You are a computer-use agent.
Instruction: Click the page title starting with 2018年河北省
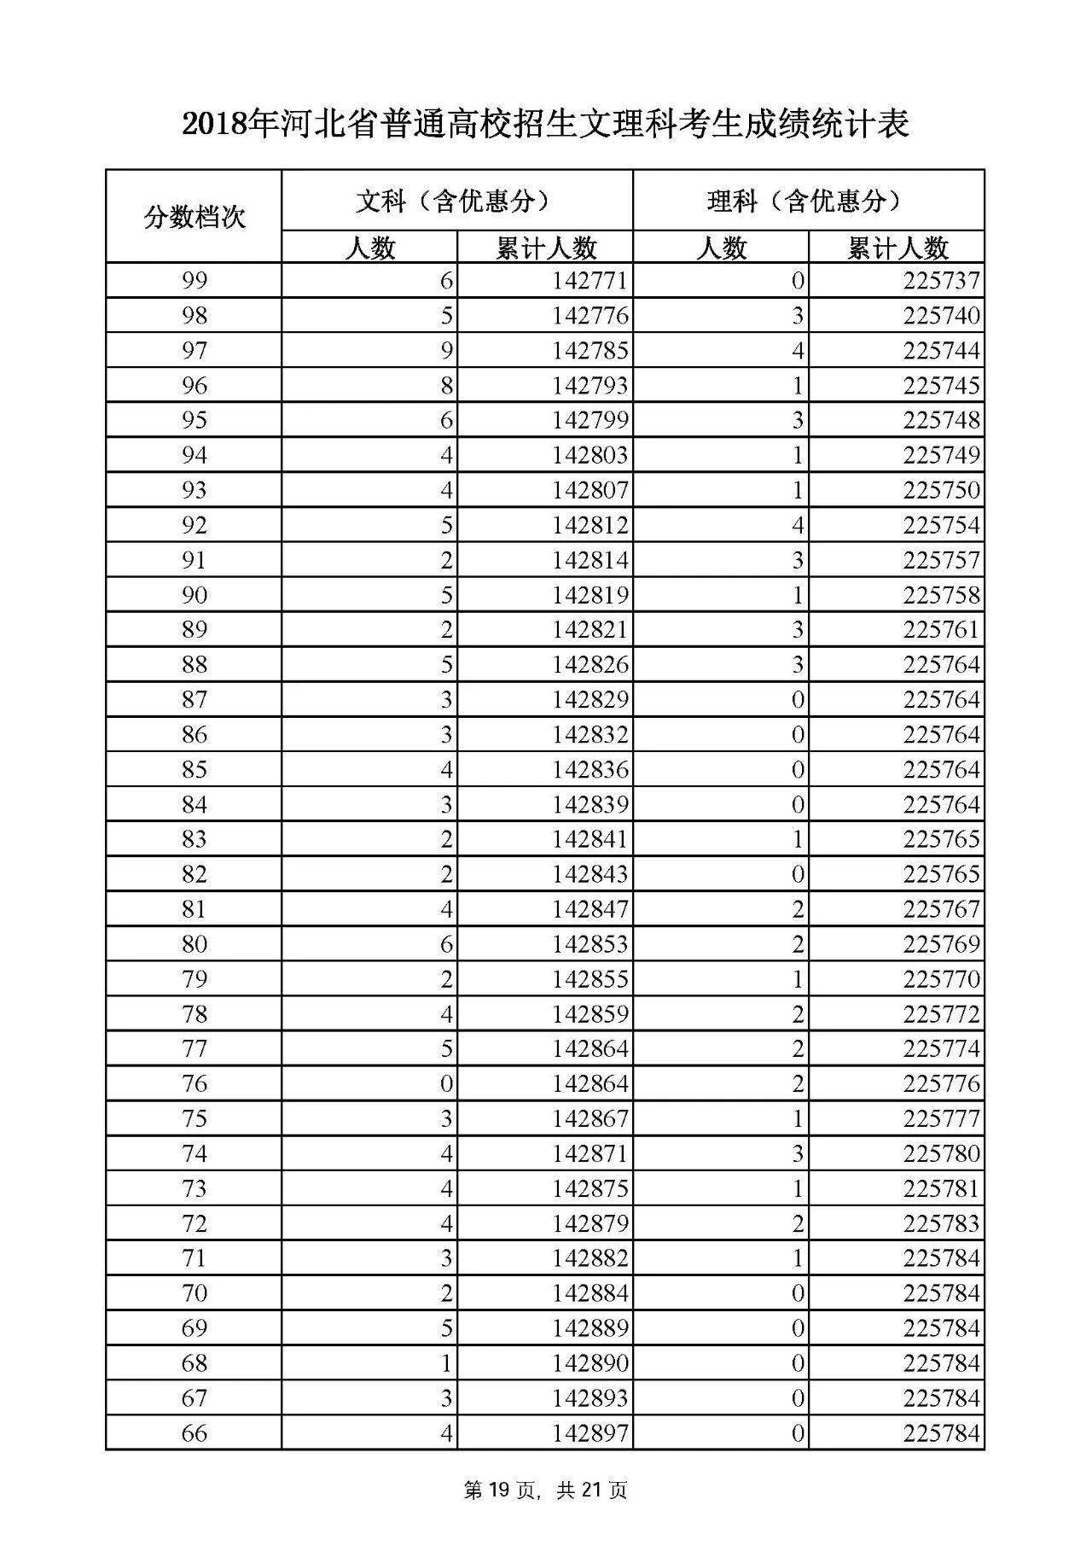[x=546, y=125]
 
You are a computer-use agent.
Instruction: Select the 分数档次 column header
[x=194, y=217]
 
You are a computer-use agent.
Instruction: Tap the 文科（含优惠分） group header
[x=456, y=201]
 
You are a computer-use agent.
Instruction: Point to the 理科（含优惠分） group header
[x=808, y=201]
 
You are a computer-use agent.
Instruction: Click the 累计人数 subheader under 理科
[x=897, y=248]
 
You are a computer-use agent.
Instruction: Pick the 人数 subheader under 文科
[x=369, y=248]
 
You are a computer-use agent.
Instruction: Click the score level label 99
[x=194, y=281]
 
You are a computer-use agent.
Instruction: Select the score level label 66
[x=194, y=1432]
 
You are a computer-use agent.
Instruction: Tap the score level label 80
[x=194, y=944]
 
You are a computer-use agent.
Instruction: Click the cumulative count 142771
[x=590, y=281]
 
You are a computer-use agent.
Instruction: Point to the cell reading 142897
[x=590, y=1432]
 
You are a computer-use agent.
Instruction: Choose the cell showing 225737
[x=941, y=281]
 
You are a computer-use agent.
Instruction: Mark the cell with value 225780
[x=941, y=1153]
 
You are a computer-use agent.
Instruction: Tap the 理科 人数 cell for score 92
[x=797, y=525]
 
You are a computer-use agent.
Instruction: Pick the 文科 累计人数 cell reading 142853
[x=590, y=944]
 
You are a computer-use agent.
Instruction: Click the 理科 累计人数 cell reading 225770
[x=941, y=979]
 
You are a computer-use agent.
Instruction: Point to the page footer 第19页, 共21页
[x=546, y=1491]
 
